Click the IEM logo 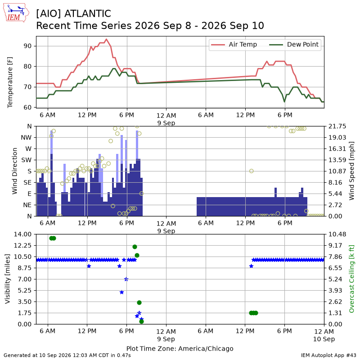click(16, 13)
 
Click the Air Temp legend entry click(234, 44)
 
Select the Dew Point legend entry click(294, 44)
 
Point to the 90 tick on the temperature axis click(27, 46)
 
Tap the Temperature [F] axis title click(10, 82)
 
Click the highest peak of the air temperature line click(106, 39)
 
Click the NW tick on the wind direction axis click(26, 138)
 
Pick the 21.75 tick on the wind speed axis click(337, 126)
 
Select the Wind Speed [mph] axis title click(351, 171)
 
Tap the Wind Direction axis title click(15, 171)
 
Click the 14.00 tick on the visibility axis click(22, 234)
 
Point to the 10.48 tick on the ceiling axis click(337, 234)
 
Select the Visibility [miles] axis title click(8, 279)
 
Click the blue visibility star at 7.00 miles click(126, 279)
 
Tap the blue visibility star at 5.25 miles click(121, 292)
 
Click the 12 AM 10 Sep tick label click(324, 335)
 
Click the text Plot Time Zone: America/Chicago click(180, 348)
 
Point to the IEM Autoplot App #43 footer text click(328, 355)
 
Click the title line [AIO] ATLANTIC click(73, 13)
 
